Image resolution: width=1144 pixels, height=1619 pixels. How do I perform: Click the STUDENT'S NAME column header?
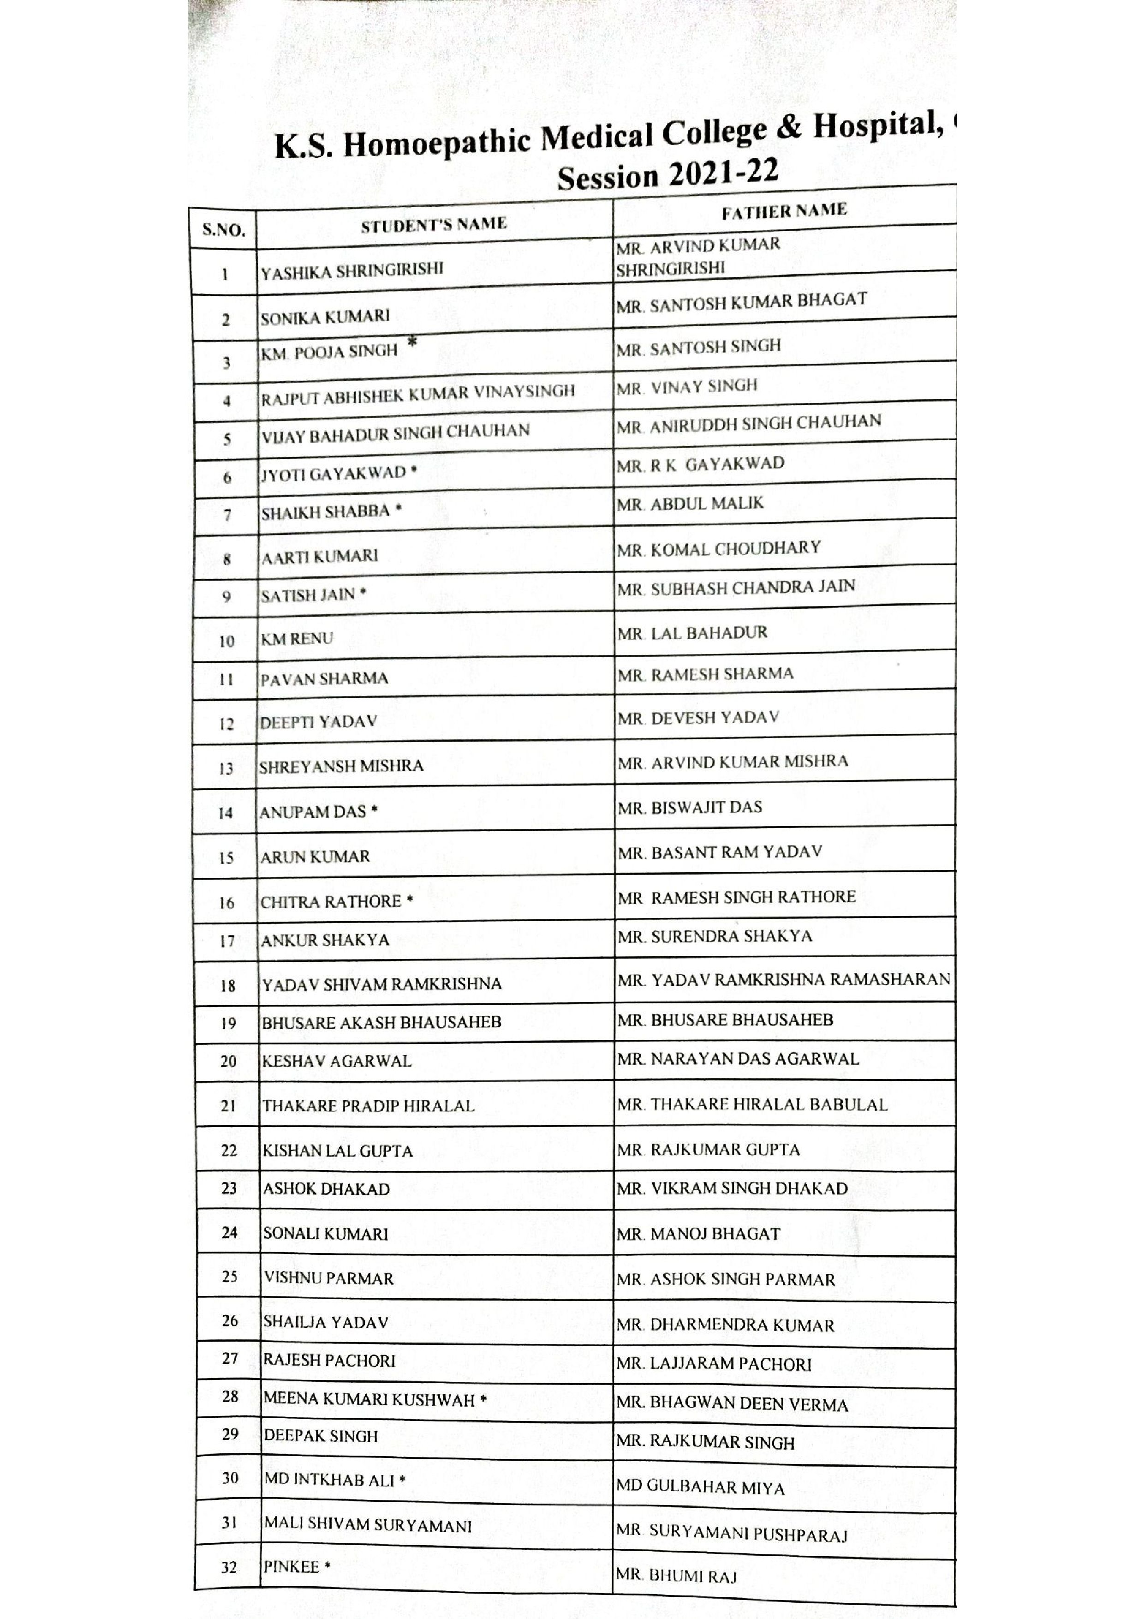click(434, 225)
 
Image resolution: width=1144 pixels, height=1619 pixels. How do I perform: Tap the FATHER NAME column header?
click(784, 211)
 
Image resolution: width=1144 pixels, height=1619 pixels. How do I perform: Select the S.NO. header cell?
click(223, 230)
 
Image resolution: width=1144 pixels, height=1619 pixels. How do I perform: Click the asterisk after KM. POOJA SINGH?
click(412, 342)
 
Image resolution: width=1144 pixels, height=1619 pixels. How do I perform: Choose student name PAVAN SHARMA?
click(324, 679)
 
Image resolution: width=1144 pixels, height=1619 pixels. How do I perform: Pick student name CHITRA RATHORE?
click(331, 902)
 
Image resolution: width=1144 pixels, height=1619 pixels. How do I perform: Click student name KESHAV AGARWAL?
click(337, 1061)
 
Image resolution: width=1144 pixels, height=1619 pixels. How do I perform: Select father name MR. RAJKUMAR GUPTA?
click(709, 1150)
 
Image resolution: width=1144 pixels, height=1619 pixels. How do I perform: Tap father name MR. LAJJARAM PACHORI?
click(714, 1364)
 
